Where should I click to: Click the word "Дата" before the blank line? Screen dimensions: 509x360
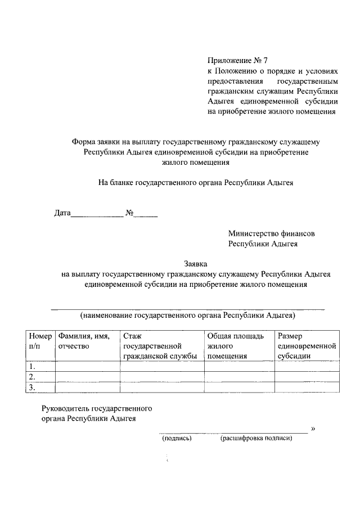[x=62, y=214]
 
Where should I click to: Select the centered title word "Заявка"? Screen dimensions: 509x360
[x=196, y=263]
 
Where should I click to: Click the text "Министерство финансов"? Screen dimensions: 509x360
[x=271, y=233]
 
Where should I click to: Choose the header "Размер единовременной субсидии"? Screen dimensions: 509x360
[x=307, y=346]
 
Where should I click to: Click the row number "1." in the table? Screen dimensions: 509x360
[x=33, y=366]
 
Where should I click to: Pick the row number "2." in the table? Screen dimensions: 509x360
[x=33, y=376]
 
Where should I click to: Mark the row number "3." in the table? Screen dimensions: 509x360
[x=33, y=387]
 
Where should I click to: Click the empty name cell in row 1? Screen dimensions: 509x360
[x=87, y=366]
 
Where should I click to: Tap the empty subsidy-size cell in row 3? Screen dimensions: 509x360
[x=307, y=387]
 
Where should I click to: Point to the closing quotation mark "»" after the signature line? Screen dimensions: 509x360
[x=313, y=429]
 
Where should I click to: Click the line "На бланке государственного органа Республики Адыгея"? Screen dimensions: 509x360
[x=196, y=183]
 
